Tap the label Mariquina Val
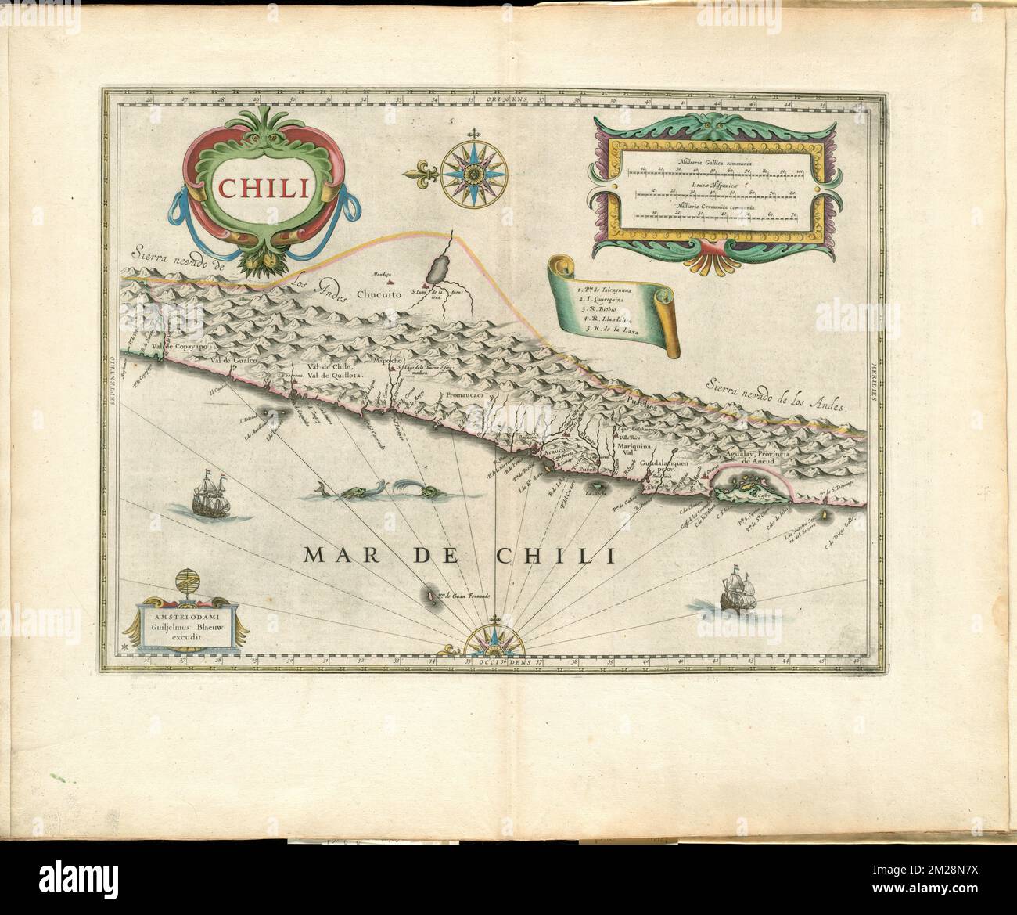click(634, 450)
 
